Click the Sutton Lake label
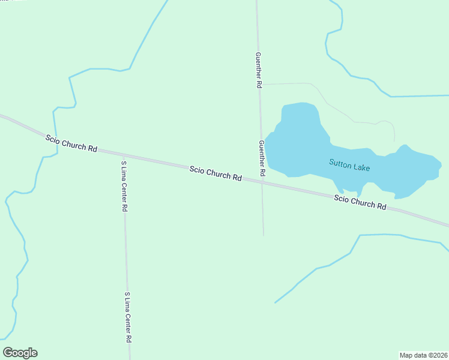click(349, 165)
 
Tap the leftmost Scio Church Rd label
click(71, 143)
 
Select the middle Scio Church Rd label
click(215, 174)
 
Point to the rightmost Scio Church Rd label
click(360, 202)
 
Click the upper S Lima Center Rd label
click(124, 185)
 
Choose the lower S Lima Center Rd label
click(128, 317)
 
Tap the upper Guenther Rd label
click(259, 70)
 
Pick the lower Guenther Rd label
click(262, 158)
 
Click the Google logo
click(20, 353)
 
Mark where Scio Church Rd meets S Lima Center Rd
click(124, 154)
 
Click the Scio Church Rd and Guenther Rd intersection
click(262, 182)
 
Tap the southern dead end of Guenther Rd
click(263, 235)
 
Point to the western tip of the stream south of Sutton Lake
click(275, 302)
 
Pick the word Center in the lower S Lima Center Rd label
click(128, 318)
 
